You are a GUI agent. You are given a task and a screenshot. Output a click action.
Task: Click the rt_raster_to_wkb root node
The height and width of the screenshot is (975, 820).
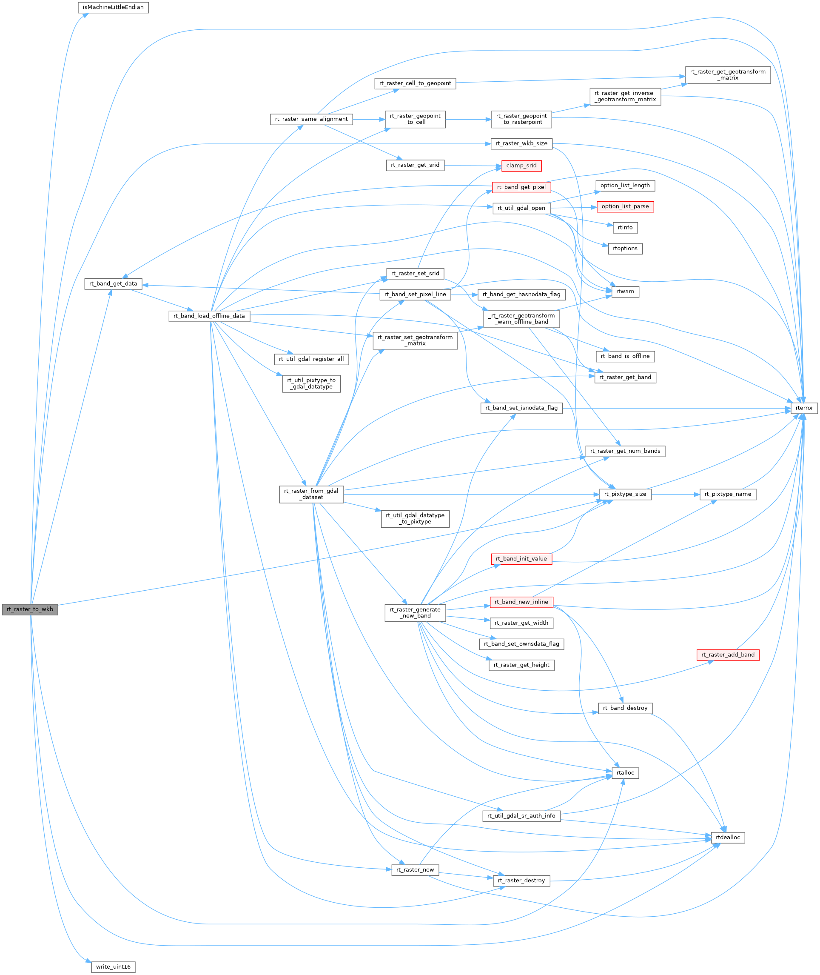coord(30,609)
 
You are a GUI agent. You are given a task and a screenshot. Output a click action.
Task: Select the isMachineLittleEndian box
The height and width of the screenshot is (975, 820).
coord(113,7)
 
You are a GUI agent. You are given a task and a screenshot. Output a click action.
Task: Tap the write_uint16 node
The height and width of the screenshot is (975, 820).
coord(113,966)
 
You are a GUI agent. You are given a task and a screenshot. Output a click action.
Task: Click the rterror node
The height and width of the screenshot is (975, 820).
coord(804,408)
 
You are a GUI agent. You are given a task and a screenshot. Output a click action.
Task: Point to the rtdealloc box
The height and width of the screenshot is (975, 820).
coord(727,837)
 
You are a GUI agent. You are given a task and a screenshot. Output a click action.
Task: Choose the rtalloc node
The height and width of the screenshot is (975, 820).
coord(625,773)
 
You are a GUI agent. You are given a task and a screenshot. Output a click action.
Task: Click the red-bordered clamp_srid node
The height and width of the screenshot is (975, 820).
coord(521,166)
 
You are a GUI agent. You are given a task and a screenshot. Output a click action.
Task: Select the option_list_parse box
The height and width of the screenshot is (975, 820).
coord(625,206)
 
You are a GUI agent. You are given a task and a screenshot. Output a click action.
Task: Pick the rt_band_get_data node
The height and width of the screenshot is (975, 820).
coord(113,284)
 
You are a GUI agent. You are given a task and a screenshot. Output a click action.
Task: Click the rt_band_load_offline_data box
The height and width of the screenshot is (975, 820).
coord(209,316)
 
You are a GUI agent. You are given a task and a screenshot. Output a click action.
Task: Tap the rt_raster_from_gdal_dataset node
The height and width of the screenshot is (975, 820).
coord(311,494)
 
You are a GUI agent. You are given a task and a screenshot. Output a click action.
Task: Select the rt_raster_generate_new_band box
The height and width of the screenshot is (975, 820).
coord(415,613)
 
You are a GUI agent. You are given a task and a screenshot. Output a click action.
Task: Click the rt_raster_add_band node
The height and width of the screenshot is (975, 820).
coord(727,655)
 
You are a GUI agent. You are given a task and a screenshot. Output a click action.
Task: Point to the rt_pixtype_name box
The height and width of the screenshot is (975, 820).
coord(727,494)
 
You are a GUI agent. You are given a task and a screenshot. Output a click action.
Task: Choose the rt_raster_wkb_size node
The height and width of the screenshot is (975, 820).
coord(521,144)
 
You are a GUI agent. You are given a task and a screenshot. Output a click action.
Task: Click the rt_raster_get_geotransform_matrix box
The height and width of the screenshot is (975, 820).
coord(727,75)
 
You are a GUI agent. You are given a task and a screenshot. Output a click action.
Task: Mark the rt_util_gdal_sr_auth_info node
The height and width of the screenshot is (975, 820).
coord(521,815)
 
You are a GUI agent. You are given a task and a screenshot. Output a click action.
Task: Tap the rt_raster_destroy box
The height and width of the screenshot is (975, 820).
coord(521,881)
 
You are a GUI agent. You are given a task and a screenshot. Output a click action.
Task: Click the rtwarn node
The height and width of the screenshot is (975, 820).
coord(625,292)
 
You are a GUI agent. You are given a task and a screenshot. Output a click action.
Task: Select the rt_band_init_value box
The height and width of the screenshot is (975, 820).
coord(521,559)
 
